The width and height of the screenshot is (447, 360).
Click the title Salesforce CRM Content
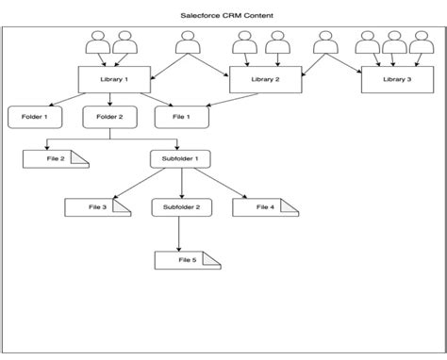click(223, 16)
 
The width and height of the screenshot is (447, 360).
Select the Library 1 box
click(114, 79)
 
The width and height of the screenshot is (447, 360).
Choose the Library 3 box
click(397, 80)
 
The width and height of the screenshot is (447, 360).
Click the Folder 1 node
click(36, 117)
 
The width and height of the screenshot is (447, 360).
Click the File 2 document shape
click(56, 158)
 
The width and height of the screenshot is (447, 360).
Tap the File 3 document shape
click(97, 205)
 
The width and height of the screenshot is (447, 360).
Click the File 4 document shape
click(265, 205)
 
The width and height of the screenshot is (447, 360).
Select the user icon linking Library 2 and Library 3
click(325, 43)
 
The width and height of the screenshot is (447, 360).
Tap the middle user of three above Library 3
click(394, 43)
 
